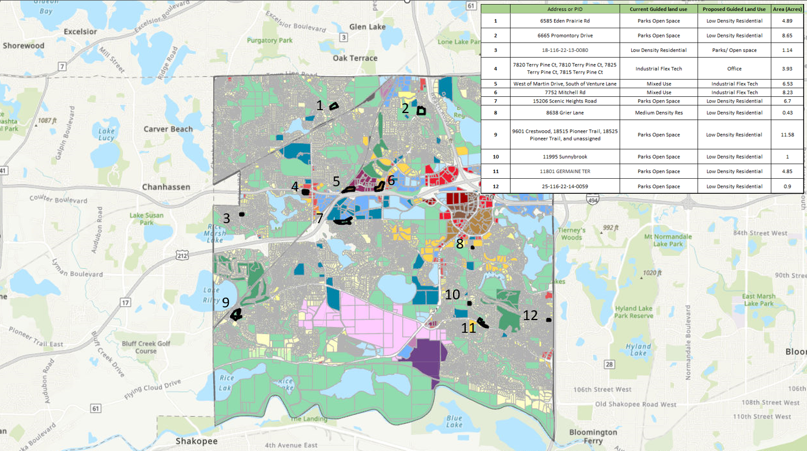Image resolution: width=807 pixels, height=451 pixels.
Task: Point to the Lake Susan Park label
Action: [x=146, y=219]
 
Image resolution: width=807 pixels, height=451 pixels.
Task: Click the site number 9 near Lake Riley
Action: [x=225, y=302]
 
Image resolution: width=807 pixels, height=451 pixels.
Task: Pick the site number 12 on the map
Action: [x=530, y=315]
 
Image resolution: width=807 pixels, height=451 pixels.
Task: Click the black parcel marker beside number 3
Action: [x=242, y=215]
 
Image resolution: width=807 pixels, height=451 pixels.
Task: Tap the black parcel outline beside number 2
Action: [x=422, y=110]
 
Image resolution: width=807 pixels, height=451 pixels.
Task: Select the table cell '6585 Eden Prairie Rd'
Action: [x=564, y=21]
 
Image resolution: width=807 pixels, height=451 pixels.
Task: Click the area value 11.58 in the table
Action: [x=787, y=134]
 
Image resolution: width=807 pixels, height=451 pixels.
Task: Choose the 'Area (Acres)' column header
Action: [x=787, y=9]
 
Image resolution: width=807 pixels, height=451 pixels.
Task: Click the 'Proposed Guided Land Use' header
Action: [x=733, y=9]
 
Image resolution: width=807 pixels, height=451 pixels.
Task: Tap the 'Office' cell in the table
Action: [x=733, y=69]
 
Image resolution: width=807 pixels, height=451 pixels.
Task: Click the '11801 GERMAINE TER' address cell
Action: [x=564, y=171]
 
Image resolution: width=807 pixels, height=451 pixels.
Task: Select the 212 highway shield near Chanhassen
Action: [x=183, y=255]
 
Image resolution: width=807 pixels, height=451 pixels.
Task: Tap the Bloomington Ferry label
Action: [x=593, y=437]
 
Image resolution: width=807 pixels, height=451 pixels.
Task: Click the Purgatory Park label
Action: [x=270, y=41]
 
